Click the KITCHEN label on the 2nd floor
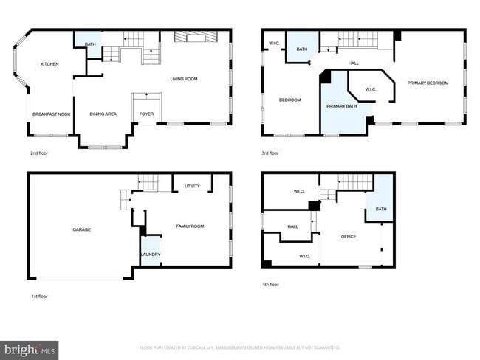pyautogui.click(x=49, y=64)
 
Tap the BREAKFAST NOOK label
pyautogui.click(x=52, y=114)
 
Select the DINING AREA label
pyautogui.click(x=103, y=114)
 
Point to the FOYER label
pyautogui.click(x=146, y=114)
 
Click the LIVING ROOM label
pyautogui.click(x=184, y=79)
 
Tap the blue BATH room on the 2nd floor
pyautogui.click(x=90, y=44)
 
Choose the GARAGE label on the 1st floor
pyautogui.click(x=81, y=229)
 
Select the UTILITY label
pyautogui.click(x=193, y=187)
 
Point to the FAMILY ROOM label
pyautogui.click(x=189, y=226)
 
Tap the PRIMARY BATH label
pyautogui.click(x=341, y=107)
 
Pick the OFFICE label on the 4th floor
pyautogui.click(x=349, y=237)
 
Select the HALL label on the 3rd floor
pyautogui.click(x=353, y=63)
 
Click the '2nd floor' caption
pyautogui.click(x=38, y=153)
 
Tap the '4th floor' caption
pyautogui.click(x=270, y=284)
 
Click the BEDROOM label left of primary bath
pyautogui.click(x=289, y=100)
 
